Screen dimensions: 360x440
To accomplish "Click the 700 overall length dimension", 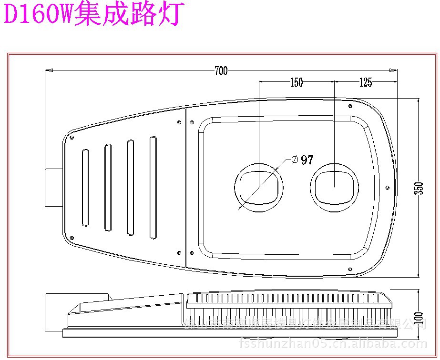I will pyautogui.click(x=221, y=71).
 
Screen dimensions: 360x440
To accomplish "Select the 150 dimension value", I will pyautogui.click(x=296, y=82).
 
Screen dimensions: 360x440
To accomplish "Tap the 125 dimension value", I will pyautogui.click(x=365, y=82).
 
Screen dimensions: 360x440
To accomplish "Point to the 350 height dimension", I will pyautogui.click(x=420, y=188).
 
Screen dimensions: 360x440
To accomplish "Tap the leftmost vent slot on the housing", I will pyautogui.click(x=85, y=188).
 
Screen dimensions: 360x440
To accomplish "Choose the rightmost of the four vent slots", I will pyautogui.click(x=153, y=188).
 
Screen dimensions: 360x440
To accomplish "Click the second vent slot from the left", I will pyautogui.click(x=108, y=188).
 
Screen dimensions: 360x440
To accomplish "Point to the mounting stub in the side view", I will pyautogui.click(x=53, y=312).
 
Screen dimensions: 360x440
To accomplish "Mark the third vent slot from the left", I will pyautogui.click(x=130, y=188).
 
